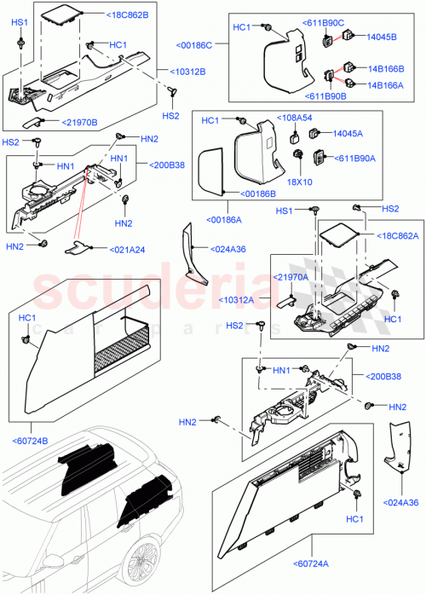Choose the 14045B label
(382, 38)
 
